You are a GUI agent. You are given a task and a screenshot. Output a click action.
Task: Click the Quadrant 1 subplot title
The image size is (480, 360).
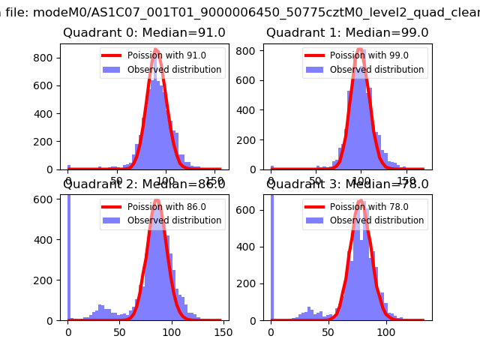(x=347, y=33)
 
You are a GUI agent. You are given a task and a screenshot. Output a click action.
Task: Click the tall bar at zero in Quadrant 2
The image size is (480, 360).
(x=69, y=255)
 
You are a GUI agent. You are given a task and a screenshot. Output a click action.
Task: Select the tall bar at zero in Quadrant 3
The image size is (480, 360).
(x=271, y=255)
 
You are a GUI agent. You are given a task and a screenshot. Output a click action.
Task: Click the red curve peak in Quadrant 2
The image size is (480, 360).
(x=157, y=201)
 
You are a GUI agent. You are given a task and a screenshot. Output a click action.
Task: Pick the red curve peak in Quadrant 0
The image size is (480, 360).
(x=156, y=50)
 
